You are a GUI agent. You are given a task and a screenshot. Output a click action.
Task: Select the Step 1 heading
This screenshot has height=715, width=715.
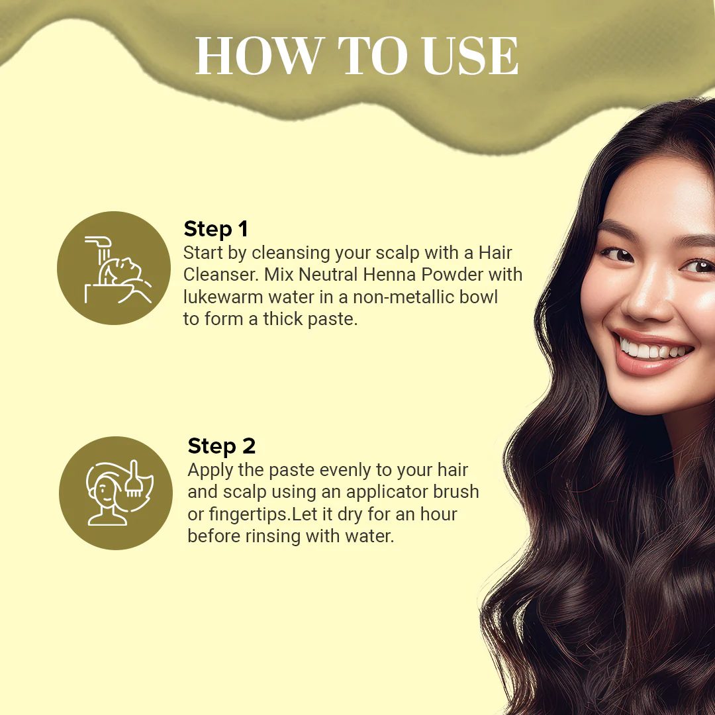215,229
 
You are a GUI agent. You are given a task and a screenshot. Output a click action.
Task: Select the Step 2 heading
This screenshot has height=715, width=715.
222,446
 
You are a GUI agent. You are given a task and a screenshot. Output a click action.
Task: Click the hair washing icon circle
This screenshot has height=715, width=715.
114,268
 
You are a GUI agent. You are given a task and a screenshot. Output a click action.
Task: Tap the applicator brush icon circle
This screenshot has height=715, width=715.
116,493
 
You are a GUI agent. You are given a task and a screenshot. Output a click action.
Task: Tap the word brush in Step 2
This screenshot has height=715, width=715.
456,491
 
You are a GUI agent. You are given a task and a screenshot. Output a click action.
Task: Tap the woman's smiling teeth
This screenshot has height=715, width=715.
652,350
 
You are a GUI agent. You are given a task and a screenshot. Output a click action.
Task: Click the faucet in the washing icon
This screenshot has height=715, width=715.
99,242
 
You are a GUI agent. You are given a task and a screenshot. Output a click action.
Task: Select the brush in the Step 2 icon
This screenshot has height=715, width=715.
134,479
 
